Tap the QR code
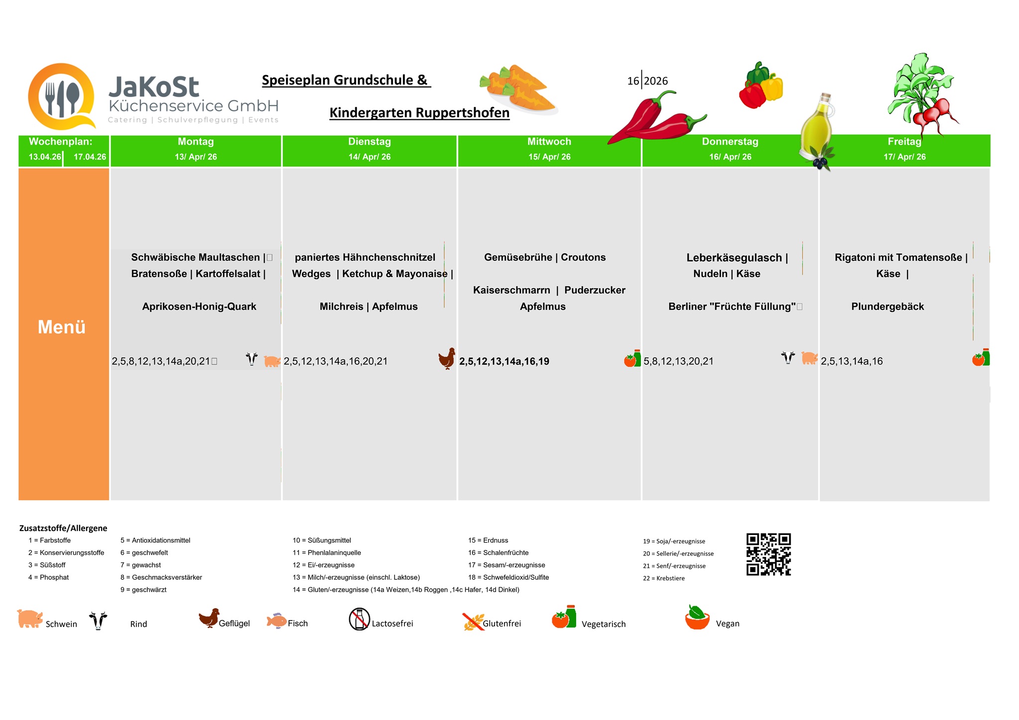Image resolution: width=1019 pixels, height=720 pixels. pos(768,554)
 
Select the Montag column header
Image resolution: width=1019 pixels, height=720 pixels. pos(196,142)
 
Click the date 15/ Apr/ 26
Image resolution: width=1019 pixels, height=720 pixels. pos(549,157)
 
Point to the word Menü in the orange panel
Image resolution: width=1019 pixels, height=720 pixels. pos(62,327)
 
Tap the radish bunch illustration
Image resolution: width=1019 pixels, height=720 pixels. pos(923,94)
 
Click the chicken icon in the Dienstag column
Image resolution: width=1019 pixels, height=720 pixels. pos(447,359)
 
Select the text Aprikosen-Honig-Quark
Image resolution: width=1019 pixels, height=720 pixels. pos(199,307)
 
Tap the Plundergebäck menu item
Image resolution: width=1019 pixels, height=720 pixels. pos(887,307)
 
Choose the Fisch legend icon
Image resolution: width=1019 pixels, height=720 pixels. pos(276,621)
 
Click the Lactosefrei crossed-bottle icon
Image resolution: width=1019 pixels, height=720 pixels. pos(359,620)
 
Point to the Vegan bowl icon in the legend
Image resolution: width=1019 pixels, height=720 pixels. pos(697,618)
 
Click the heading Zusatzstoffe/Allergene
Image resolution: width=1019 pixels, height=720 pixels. pos(63,528)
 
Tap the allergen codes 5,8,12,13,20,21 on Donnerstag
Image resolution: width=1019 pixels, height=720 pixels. pos(678,361)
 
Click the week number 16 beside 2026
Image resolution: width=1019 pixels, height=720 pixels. pos(633,81)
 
